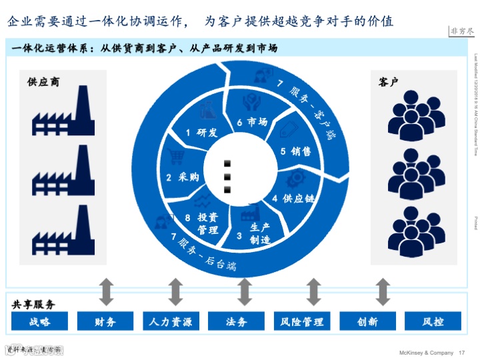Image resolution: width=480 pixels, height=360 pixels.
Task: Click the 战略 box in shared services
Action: (39, 322)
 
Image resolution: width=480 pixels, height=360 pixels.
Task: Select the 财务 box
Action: (105, 322)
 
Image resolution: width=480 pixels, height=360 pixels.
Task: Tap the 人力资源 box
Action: (171, 322)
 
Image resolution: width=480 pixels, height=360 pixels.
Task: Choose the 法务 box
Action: (237, 322)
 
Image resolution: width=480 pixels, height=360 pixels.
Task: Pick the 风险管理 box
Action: (302, 322)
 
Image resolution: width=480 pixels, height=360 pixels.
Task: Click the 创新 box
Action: (367, 322)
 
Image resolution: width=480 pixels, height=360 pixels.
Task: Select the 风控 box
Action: (433, 322)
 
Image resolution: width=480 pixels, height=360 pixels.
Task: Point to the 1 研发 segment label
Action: (202, 133)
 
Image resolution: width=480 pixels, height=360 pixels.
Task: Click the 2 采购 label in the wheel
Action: (183, 177)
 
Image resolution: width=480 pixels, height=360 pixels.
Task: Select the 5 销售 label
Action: (296, 151)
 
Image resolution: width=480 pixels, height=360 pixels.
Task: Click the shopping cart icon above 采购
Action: (177, 157)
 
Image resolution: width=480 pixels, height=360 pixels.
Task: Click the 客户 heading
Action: (389, 83)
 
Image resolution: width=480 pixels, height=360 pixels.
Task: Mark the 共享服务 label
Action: (33, 304)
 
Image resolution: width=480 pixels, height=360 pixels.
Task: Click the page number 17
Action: (461, 352)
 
